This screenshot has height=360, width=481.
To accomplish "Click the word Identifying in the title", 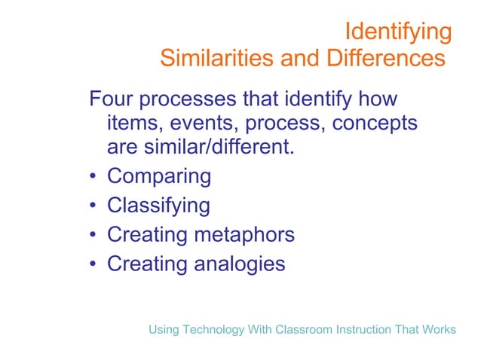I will (398, 32).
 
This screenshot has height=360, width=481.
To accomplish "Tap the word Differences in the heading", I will (385, 58).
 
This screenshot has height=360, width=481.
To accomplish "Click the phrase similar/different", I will (216, 147).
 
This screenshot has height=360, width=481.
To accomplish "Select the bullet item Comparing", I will (159, 176).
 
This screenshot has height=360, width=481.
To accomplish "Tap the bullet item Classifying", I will (158, 206).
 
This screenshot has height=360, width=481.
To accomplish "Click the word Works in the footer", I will (440, 330).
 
